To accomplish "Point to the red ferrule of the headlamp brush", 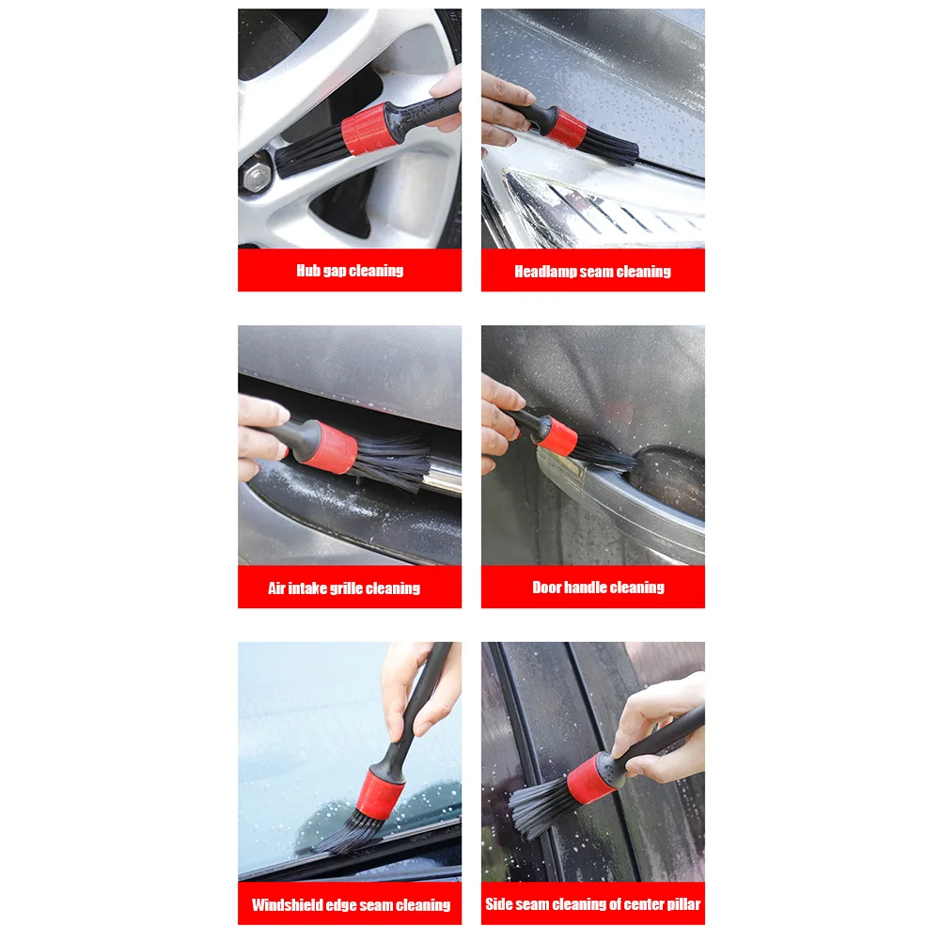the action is click(x=566, y=127).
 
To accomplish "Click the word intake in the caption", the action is click(x=306, y=588).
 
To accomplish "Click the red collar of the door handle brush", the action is click(x=557, y=435).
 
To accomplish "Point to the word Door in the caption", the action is click(x=546, y=587).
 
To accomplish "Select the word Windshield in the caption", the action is click(x=287, y=904).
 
